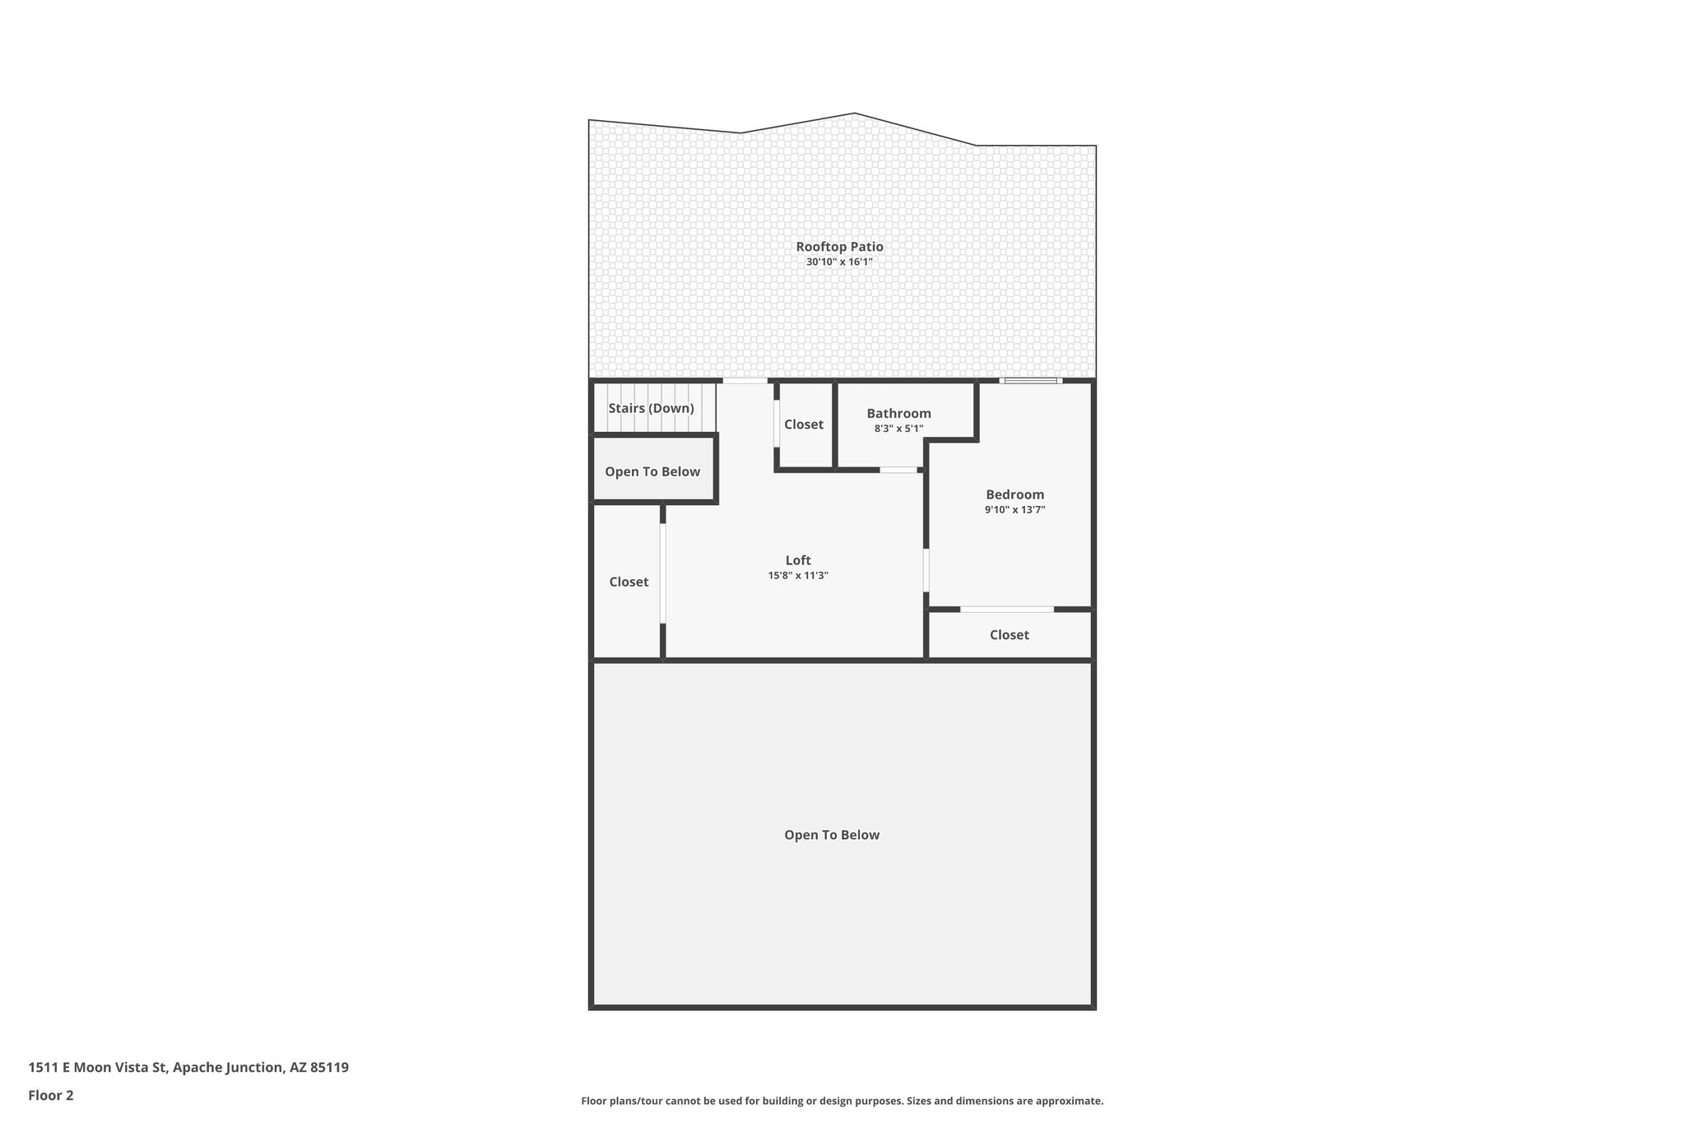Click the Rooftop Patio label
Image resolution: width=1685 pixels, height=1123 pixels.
point(839,247)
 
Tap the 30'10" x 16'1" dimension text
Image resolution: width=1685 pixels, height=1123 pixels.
point(839,262)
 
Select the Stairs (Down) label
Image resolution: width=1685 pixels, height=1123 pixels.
point(651,408)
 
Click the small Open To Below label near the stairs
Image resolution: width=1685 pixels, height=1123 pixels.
point(652,471)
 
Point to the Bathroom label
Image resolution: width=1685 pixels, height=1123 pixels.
point(898,414)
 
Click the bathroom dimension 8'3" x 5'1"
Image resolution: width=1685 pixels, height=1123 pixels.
point(898,429)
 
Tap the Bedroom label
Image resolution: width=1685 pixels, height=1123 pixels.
point(1014,494)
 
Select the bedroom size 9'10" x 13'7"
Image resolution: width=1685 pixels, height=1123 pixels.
point(1014,510)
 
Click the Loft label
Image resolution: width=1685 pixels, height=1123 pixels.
point(798,560)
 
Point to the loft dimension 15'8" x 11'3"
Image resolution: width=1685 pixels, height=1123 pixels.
point(798,576)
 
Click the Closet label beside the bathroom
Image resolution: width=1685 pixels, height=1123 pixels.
point(803,425)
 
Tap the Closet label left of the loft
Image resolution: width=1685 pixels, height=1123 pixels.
point(629,582)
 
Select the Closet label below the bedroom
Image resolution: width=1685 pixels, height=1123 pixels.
point(1009,635)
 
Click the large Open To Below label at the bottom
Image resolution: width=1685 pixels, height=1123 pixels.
point(832,835)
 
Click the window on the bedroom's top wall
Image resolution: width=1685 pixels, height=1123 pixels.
point(1031,380)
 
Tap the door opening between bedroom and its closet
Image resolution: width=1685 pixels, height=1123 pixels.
point(1007,610)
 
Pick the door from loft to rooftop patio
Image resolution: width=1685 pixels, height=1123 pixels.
point(745,381)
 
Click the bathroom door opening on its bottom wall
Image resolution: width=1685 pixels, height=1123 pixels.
point(898,470)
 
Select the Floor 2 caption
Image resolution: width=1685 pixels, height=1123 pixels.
point(51,1096)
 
